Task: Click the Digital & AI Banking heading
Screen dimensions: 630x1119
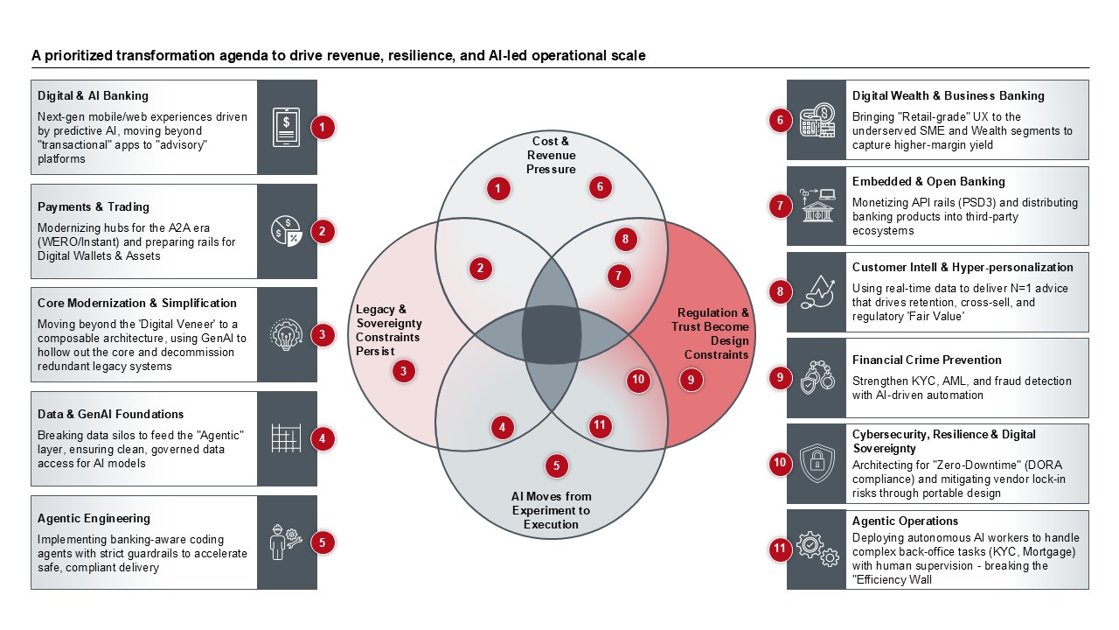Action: [x=94, y=95]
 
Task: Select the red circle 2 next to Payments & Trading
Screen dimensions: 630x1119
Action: [x=323, y=231]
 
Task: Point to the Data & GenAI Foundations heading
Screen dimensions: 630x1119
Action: [x=111, y=414]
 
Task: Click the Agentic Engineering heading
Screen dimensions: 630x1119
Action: [x=94, y=518]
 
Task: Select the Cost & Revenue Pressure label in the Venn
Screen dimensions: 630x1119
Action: [x=551, y=155]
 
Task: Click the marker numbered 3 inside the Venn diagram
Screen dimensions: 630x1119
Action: [x=403, y=371]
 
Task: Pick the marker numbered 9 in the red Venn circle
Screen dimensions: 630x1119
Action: [x=691, y=379]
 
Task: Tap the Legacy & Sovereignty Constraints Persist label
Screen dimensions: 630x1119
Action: [x=387, y=330]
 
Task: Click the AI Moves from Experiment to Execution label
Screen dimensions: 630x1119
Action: [x=551, y=510]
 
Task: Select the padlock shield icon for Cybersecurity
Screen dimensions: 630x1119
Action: [x=817, y=464]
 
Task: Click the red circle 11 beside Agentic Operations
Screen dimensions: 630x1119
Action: [x=780, y=549]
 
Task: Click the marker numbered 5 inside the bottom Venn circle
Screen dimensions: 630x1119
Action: [x=556, y=465]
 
